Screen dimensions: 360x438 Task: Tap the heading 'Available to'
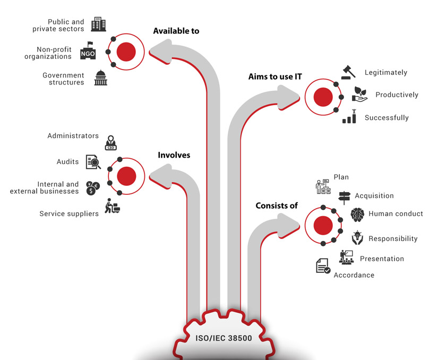176,31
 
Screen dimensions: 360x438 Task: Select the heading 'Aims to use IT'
275,77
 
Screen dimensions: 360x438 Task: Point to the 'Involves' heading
174,155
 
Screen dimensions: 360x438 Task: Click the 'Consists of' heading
277,205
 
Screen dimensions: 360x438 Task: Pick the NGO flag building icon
88,51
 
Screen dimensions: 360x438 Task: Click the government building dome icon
100,78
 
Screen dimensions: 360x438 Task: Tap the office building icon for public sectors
98,24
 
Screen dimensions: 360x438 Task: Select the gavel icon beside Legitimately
348,71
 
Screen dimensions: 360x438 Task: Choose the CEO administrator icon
111,142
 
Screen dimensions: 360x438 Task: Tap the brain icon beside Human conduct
357,214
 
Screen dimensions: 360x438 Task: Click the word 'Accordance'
354,275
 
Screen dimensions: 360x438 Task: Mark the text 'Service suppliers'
69,213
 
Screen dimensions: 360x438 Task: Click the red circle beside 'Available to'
126,52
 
